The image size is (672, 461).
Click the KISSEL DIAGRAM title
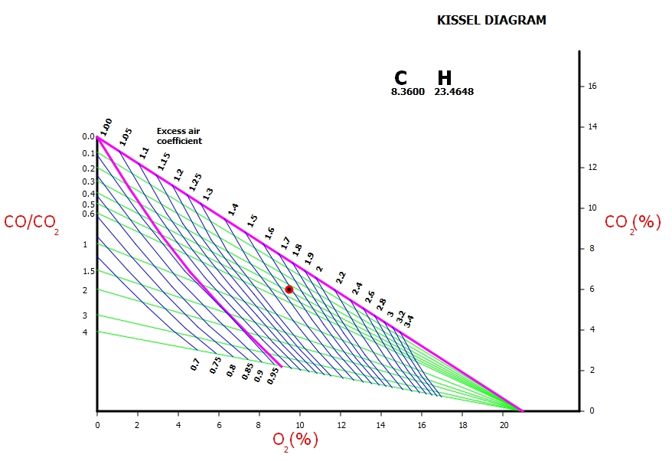click(491, 21)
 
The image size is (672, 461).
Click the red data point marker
click(289, 289)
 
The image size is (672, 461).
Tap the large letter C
click(400, 78)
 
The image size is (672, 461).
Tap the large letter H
click(445, 78)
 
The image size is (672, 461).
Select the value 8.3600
click(408, 92)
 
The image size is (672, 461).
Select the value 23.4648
click(454, 92)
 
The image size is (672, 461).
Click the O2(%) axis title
click(295, 440)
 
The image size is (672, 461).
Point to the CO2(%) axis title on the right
click(632, 222)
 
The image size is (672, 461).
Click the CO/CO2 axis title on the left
click(31, 223)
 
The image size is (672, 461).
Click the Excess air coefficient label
click(179, 136)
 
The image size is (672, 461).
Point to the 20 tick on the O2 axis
click(504, 423)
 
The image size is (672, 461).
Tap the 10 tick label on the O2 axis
click(300, 423)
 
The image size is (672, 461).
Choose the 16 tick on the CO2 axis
click(592, 87)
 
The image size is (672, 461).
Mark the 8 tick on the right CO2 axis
click(589, 249)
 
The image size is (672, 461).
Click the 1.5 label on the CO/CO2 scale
click(89, 272)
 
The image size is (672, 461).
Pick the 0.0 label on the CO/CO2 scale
click(88, 137)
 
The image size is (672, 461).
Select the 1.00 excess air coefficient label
click(106, 126)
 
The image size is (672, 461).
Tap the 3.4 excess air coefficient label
click(409, 321)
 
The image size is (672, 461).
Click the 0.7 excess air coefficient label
click(195, 365)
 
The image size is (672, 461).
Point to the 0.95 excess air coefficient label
click(273, 376)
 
